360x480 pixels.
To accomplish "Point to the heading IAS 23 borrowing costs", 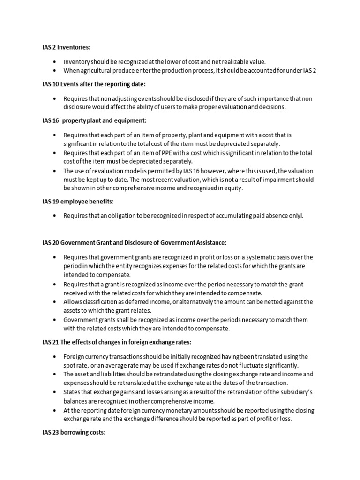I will tap(74, 432).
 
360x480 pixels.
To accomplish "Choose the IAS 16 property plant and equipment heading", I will tap(94, 120).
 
